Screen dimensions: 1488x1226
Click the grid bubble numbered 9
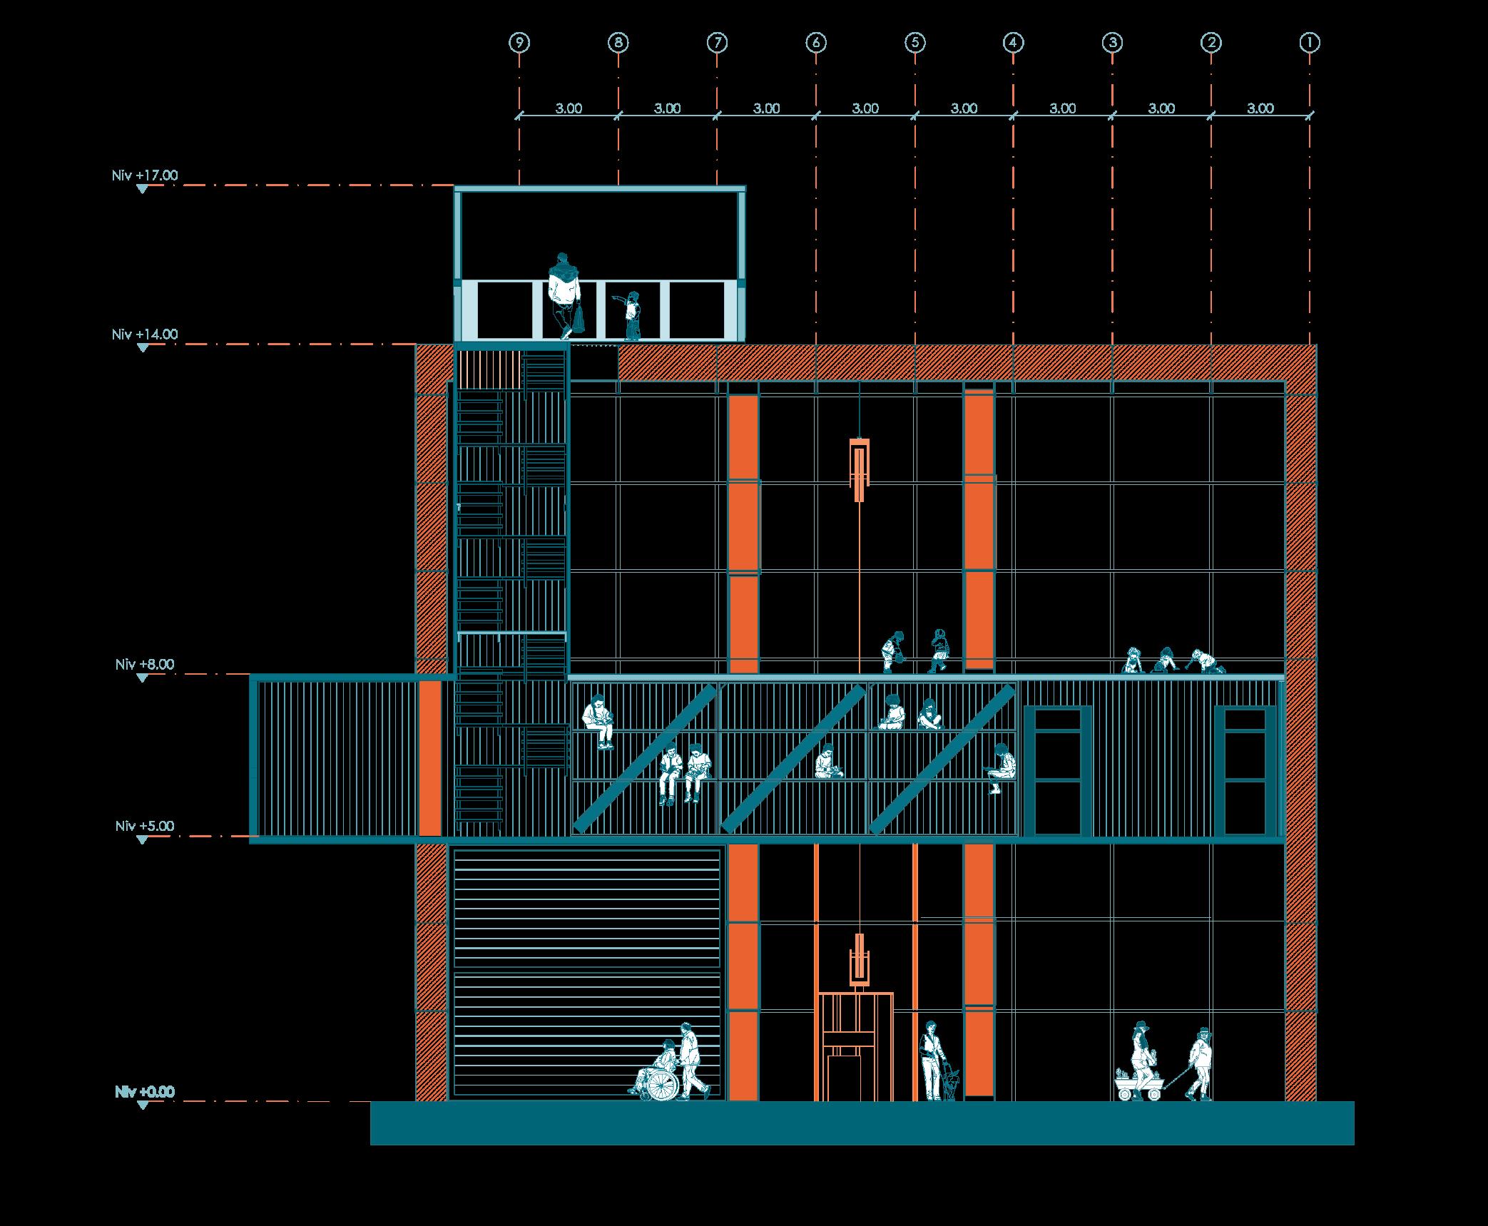point(519,43)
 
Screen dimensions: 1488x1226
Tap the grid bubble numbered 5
point(914,43)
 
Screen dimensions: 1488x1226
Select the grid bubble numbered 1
point(1310,43)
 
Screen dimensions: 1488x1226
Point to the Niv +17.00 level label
point(145,175)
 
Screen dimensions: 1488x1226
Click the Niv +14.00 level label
point(145,334)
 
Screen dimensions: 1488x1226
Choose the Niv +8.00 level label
point(145,664)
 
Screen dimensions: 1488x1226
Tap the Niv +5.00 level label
point(145,826)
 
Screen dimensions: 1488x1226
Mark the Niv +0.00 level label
point(145,1092)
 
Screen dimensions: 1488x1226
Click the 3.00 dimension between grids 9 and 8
point(569,108)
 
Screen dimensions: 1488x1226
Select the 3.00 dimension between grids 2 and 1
point(1260,108)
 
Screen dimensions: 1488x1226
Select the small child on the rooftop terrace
point(631,315)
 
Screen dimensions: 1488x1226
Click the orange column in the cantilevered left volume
point(429,757)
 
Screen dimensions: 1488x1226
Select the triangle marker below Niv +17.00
point(143,189)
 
